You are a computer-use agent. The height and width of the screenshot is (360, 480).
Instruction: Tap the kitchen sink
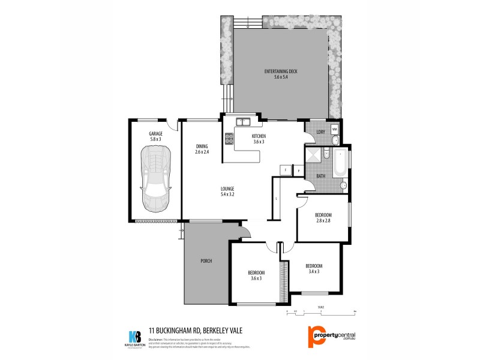pyautogui.click(x=243, y=122)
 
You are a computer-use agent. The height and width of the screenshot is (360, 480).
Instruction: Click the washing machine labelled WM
pyautogui.click(x=334, y=128)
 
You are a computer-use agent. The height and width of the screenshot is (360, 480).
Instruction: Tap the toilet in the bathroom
pyautogui.click(x=343, y=187)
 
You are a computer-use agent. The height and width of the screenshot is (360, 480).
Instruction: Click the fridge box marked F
pyautogui.click(x=285, y=170)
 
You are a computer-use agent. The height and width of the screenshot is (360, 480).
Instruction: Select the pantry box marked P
pyautogui.click(x=298, y=170)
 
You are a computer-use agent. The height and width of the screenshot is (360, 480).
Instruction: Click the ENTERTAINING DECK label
pyautogui.click(x=281, y=72)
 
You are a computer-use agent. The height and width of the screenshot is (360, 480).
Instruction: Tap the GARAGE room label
pyautogui.click(x=156, y=134)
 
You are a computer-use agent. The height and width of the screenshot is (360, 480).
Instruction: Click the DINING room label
pyautogui.click(x=202, y=146)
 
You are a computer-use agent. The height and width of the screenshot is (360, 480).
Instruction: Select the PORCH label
pyautogui.click(x=206, y=261)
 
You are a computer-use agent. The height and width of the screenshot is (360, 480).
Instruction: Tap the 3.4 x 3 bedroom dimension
pyautogui.click(x=314, y=271)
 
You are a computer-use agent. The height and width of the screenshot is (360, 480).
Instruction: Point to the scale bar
pyautogui.click(x=321, y=311)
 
